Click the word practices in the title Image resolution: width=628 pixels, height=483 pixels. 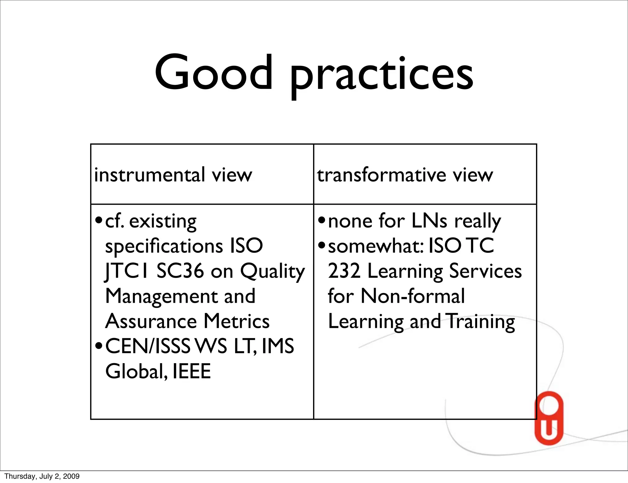pos(381,75)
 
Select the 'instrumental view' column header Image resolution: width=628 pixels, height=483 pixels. pos(173,175)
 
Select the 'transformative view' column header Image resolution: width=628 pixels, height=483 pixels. pos(405,175)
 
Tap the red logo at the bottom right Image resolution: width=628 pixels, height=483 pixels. pos(549,418)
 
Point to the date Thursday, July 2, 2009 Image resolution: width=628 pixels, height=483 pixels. pos(42,476)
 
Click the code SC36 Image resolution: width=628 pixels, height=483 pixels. pos(180,271)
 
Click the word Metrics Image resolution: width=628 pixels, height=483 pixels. pos(236,321)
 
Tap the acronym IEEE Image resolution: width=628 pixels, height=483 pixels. pos(192,371)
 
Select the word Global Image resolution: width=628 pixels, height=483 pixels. pos(136,371)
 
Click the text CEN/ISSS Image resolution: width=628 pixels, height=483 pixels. pos(148,346)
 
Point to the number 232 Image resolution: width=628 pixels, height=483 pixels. pos(344,271)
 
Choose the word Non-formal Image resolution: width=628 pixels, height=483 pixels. pos(413,296)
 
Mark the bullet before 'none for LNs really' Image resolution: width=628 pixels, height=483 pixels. pos(321,220)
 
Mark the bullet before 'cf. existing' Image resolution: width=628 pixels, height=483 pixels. pos(98,220)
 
